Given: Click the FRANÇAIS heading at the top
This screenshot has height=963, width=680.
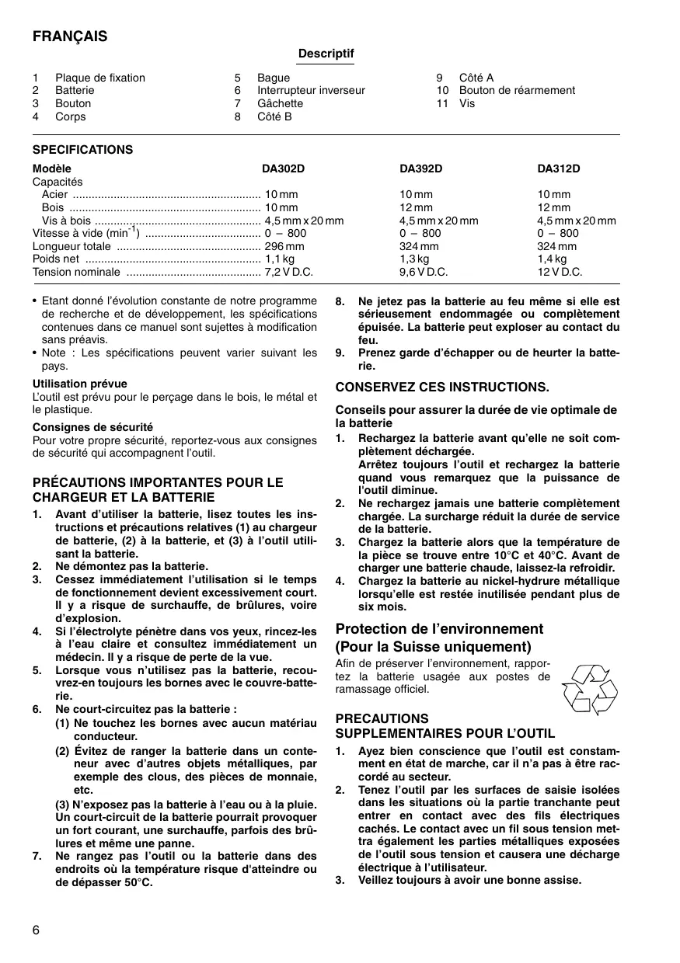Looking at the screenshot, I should coord(70,37).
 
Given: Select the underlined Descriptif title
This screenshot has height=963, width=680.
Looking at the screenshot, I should coord(326,54).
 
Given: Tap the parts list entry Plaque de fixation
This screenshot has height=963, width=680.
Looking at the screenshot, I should coord(99,78).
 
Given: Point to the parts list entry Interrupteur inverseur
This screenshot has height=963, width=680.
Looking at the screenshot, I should coord(311,90).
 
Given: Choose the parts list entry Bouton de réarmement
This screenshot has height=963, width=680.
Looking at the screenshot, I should coord(517,90).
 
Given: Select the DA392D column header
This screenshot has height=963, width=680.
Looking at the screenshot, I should coord(420,169).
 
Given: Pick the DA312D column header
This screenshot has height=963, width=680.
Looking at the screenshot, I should coord(558,169).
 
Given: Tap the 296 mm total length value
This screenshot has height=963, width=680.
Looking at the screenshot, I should coord(284,246).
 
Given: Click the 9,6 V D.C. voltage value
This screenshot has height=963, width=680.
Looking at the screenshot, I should coord(424,272).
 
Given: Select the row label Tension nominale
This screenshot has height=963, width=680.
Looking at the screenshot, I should coord(76,272).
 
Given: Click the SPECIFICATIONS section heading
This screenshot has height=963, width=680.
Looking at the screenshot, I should coord(82,150).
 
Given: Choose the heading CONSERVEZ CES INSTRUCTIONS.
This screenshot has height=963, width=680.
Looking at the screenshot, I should coord(442,387).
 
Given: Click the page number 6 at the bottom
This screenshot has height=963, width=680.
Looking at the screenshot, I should coord(37,930).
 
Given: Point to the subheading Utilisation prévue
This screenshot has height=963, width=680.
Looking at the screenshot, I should coord(79,384).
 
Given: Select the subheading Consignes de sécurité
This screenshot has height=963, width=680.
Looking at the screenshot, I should coord(92,427).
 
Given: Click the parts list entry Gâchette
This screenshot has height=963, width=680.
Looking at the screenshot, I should coord(280,103).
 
